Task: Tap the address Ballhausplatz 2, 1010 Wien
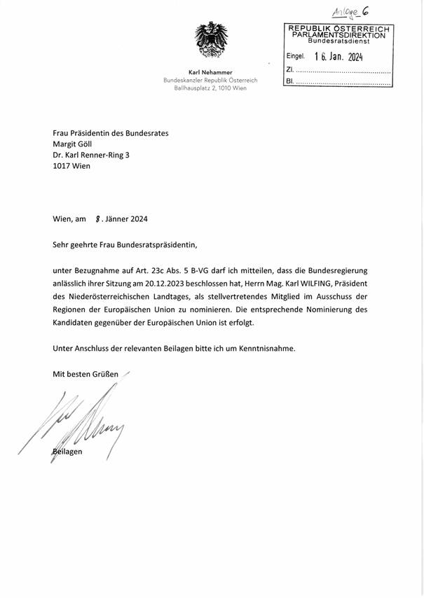tap(210, 89)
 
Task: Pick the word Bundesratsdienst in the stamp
tap(339, 42)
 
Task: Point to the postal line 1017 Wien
tap(71, 167)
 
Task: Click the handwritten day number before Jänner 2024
tap(97, 218)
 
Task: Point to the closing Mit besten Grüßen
tap(86, 373)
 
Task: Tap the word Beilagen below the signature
tap(69, 452)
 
